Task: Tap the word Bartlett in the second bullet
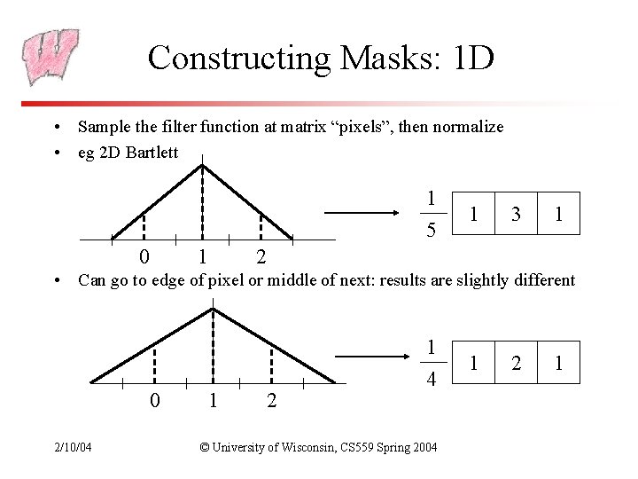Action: click(x=152, y=152)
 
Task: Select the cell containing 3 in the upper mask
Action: click(x=516, y=214)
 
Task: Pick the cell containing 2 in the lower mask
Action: click(x=516, y=363)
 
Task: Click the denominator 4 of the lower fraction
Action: click(x=431, y=379)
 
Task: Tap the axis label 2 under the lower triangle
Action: click(x=271, y=401)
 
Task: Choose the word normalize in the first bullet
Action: click(x=470, y=127)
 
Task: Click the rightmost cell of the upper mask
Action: click(x=558, y=214)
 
